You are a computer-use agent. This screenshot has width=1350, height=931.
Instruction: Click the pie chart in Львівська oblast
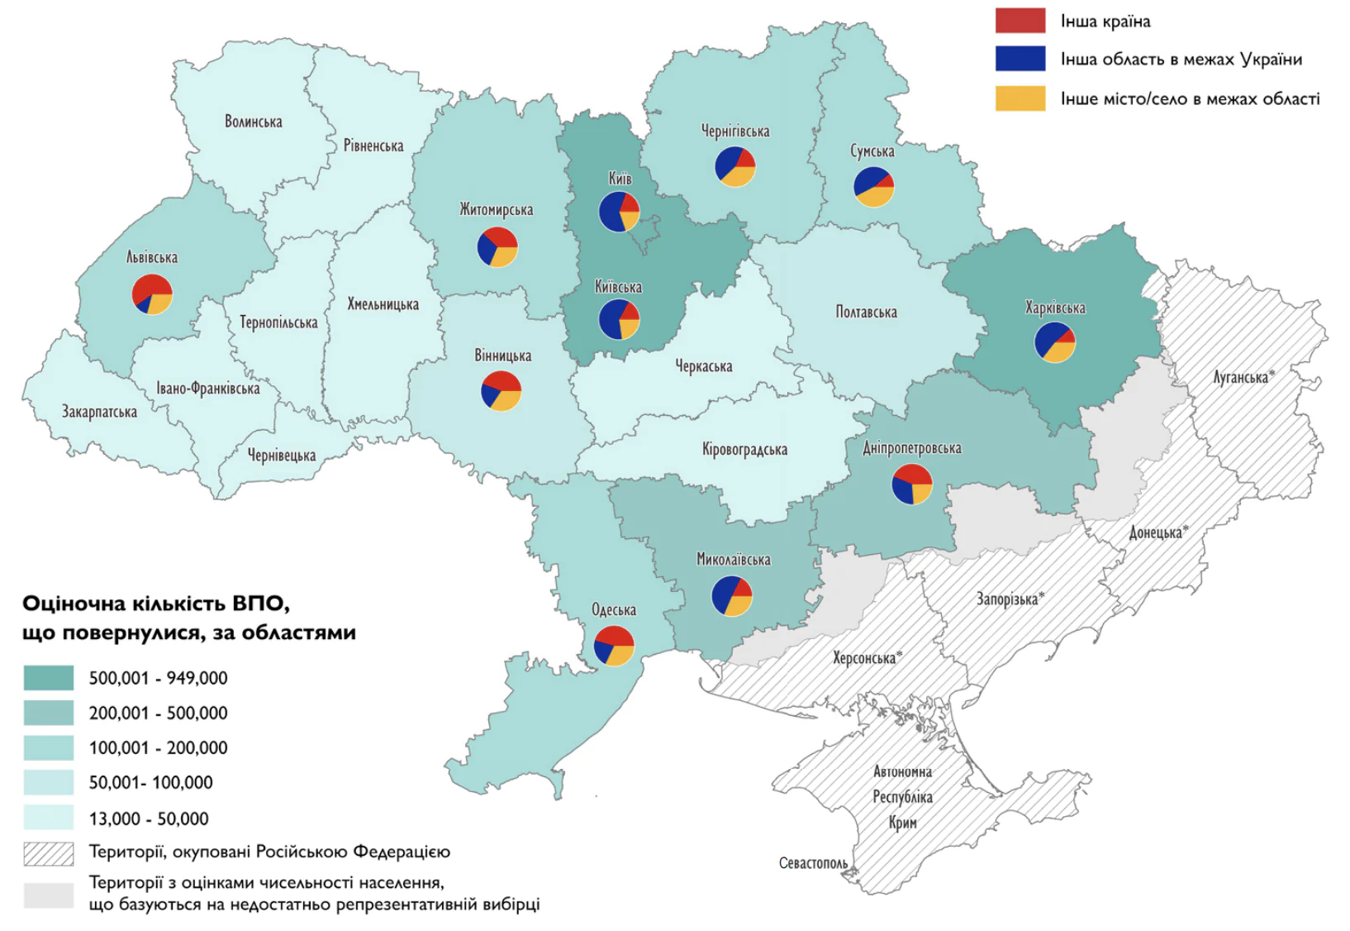tap(153, 294)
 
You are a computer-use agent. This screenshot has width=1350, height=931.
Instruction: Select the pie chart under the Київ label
tap(619, 211)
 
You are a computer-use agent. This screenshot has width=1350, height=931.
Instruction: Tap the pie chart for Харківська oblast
tap(1055, 341)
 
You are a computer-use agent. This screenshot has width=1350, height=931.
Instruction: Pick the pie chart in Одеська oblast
tap(614, 646)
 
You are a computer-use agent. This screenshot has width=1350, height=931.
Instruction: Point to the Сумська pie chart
tap(873, 186)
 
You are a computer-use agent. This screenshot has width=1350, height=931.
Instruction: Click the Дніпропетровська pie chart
tap(912, 484)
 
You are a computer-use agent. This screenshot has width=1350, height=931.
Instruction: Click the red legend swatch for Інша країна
tap(1020, 21)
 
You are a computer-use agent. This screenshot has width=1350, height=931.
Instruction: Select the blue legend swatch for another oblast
tap(1020, 59)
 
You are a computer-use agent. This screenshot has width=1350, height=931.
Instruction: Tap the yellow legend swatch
tap(1020, 98)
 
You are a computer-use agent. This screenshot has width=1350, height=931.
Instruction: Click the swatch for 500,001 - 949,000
tap(48, 678)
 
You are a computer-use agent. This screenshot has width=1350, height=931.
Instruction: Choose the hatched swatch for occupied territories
tap(48, 852)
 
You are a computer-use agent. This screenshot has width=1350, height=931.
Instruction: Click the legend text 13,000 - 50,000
tap(149, 819)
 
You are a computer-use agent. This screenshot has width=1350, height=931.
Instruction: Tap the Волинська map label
tap(254, 122)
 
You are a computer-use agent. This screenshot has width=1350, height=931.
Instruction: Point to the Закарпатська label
tap(99, 411)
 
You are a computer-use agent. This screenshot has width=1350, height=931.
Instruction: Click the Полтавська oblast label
tap(866, 312)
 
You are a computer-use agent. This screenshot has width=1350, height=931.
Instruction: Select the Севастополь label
tap(813, 863)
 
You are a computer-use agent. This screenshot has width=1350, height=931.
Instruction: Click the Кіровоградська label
tap(744, 449)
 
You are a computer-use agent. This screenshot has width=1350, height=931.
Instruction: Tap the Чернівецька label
tap(282, 455)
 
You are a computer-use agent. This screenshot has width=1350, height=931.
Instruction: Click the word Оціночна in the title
tap(70, 604)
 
